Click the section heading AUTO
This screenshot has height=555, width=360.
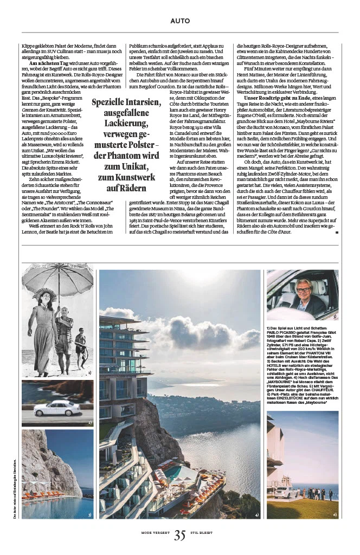tap(180, 21)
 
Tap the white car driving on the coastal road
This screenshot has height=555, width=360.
tap(56, 408)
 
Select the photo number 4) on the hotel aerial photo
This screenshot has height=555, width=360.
tap(256, 514)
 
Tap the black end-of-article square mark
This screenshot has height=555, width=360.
tap(337, 232)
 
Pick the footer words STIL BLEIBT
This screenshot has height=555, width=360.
tap(201, 533)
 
